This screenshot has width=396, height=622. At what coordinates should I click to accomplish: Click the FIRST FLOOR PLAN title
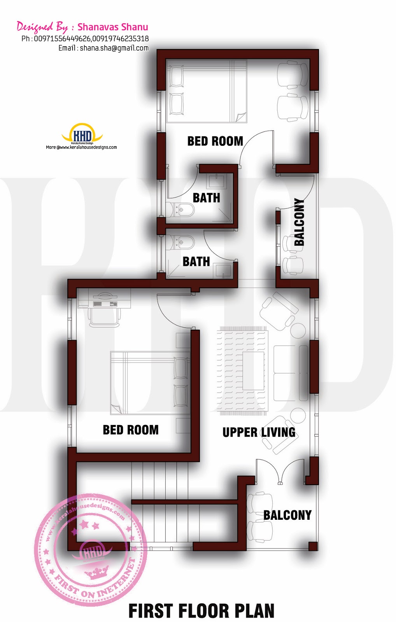[x=201, y=611]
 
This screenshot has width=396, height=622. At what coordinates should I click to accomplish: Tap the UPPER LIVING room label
[x=259, y=432]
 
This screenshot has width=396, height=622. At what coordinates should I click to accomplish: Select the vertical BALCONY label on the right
[x=299, y=222]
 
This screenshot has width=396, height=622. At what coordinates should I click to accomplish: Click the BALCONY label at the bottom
[x=287, y=515]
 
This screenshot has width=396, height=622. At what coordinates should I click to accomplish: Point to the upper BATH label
[x=207, y=198]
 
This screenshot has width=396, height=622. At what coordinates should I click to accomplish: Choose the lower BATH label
[x=196, y=262]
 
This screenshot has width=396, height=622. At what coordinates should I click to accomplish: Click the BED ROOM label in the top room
[x=215, y=141]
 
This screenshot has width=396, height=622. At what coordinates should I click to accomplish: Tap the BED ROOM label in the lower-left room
[x=131, y=430]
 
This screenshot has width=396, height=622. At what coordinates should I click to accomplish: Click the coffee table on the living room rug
[x=253, y=371]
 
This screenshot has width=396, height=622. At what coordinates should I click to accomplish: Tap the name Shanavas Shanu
[x=113, y=27]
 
